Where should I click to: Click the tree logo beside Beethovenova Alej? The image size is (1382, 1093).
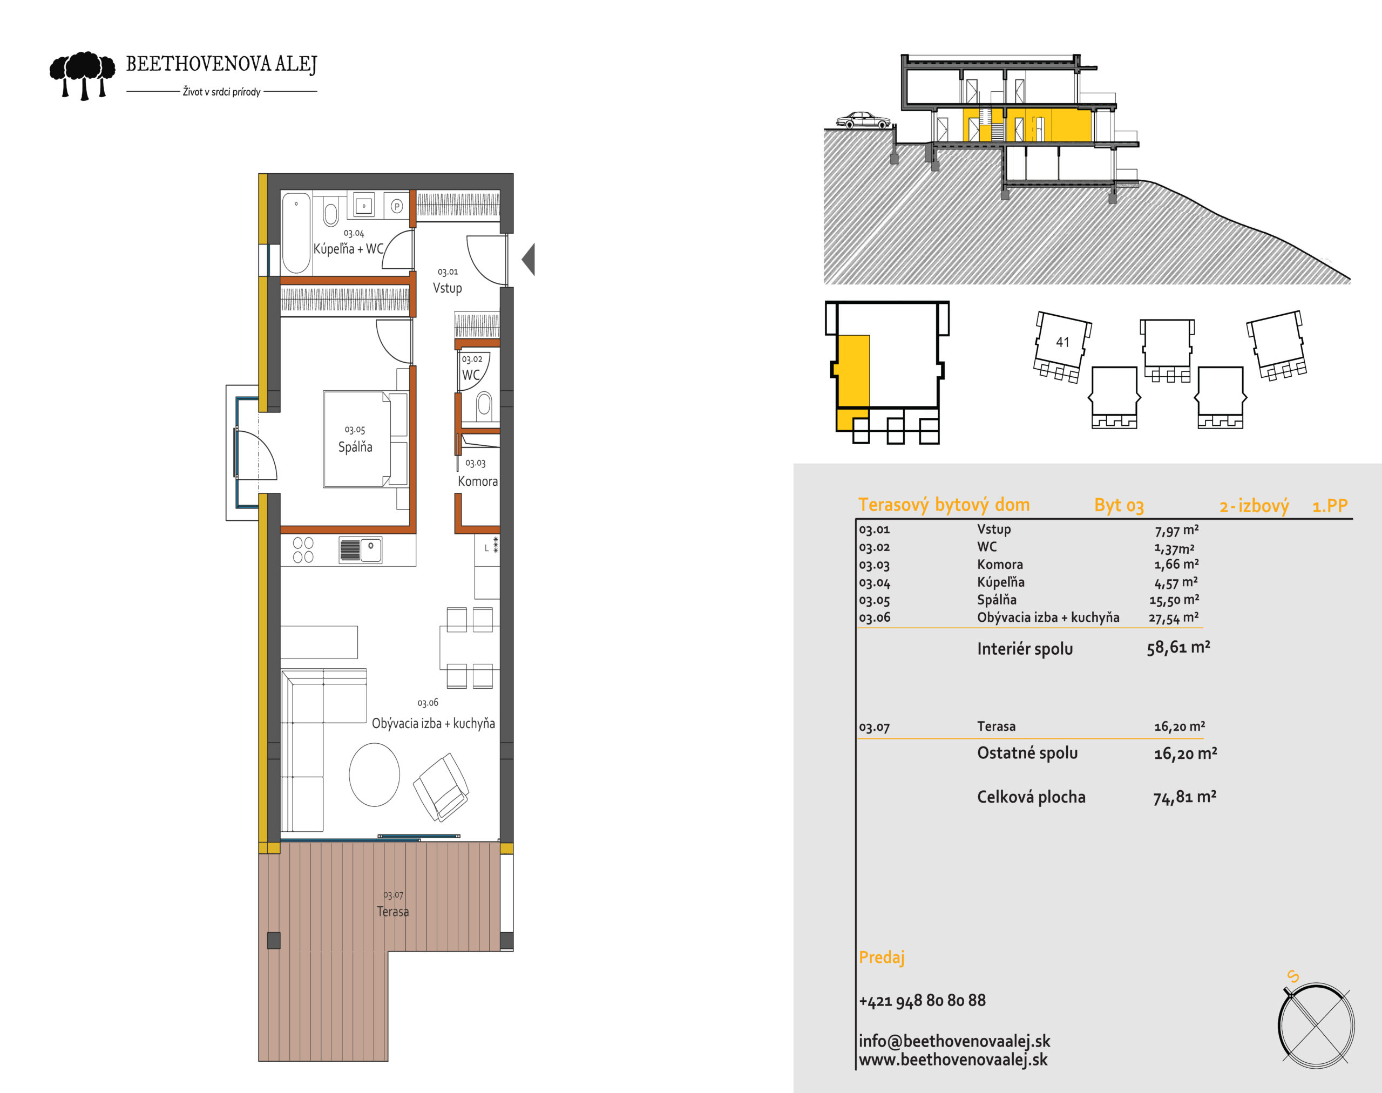pos(83,76)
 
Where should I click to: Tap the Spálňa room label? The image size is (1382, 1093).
pos(355,447)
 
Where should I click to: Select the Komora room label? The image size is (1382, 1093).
pos(478,481)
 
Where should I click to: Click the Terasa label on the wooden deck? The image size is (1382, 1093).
pos(392,911)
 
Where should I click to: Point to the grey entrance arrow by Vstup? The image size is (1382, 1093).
pos(528,259)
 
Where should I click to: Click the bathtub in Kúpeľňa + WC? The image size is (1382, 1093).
pos(296,234)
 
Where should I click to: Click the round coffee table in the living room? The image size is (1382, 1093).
pos(375,775)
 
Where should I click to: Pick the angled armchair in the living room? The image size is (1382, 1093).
pos(442,787)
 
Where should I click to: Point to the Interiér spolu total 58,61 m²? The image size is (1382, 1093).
pos(1178,648)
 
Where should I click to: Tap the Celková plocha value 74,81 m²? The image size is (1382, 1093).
pos(1185,797)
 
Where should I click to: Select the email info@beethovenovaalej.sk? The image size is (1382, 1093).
pos(954,1042)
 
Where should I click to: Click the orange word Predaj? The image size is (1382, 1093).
pos(882,958)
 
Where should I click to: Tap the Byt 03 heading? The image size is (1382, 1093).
pos(1119,506)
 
